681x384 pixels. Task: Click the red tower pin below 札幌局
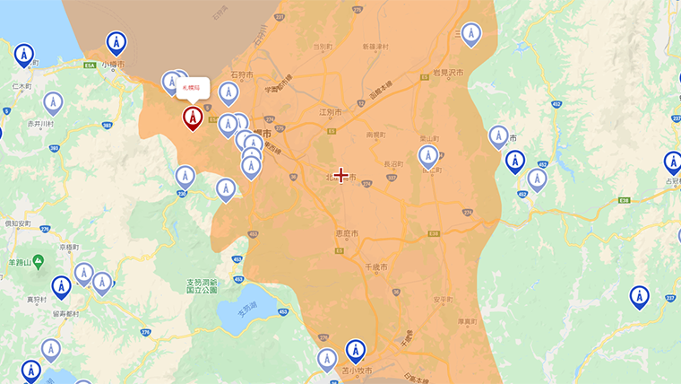[192, 117]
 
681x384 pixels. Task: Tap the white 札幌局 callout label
[192, 88]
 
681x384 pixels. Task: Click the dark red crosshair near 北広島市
[341, 175]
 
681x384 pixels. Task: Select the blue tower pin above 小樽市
[116, 42]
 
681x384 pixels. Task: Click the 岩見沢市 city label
[447, 71]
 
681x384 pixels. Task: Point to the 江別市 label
[331, 112]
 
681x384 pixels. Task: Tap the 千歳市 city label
[376, 267]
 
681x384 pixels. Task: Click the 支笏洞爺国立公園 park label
[196, 286]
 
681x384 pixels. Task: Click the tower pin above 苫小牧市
[356, 350]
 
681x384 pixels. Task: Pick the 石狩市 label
[242, 75]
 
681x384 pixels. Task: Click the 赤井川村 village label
[40, 123]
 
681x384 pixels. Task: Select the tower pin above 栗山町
[429, 156]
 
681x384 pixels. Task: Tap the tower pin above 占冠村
[673, 163]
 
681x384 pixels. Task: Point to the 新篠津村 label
[375, 46]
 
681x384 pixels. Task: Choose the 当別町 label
[322, 46]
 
